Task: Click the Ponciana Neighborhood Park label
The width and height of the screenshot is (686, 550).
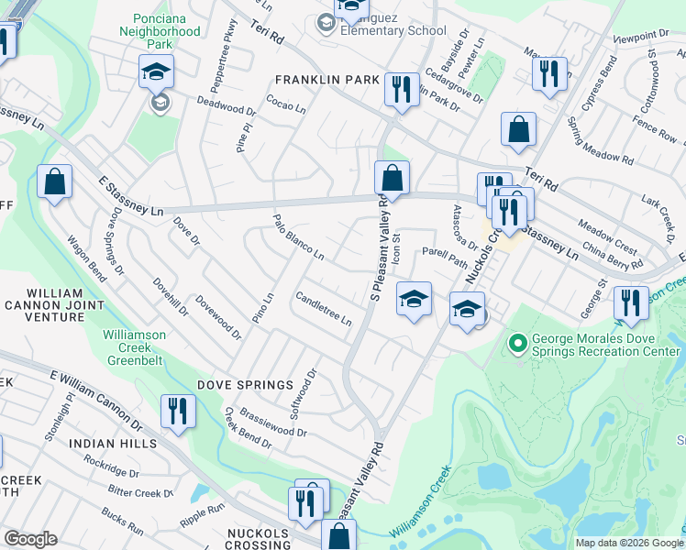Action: pyautogui.click(x=160, y=31)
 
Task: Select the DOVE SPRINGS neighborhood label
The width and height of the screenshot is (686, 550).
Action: pyautogui.click(x=236, y=385)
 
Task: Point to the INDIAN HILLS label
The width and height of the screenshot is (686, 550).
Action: pyautogui.click(x=113, y=443)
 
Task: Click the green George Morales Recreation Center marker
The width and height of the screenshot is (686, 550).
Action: pyautogui.click(x=518, y=344)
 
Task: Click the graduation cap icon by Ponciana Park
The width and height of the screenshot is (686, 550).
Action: pyautogui.click(x=156, y=71)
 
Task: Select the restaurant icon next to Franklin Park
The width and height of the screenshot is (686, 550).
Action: pyautogui.click(x=401, y=89)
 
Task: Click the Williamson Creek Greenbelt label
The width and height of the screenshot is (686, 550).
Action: pyautogui.click(x=135, y=341)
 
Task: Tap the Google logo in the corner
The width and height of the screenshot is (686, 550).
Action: pyautogui.click(x=30, y=539)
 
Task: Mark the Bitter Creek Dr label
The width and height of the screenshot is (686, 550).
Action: pyautogui.click(x=141, y=491)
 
